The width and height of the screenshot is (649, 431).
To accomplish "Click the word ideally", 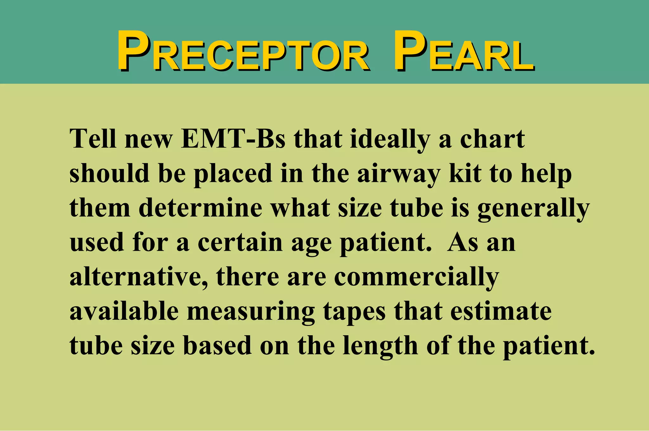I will pyautogui.click(x=390, y=139).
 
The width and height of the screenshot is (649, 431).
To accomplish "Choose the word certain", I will pyautogui.click(x=240, y=242).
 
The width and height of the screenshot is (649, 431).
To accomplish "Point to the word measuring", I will pyautogui.click(x=251, y=312).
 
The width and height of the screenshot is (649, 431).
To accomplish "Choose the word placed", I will pyautogui.click(x=233, y=174).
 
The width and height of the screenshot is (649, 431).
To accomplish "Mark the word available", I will pyautogui.click(x=124, y=311).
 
